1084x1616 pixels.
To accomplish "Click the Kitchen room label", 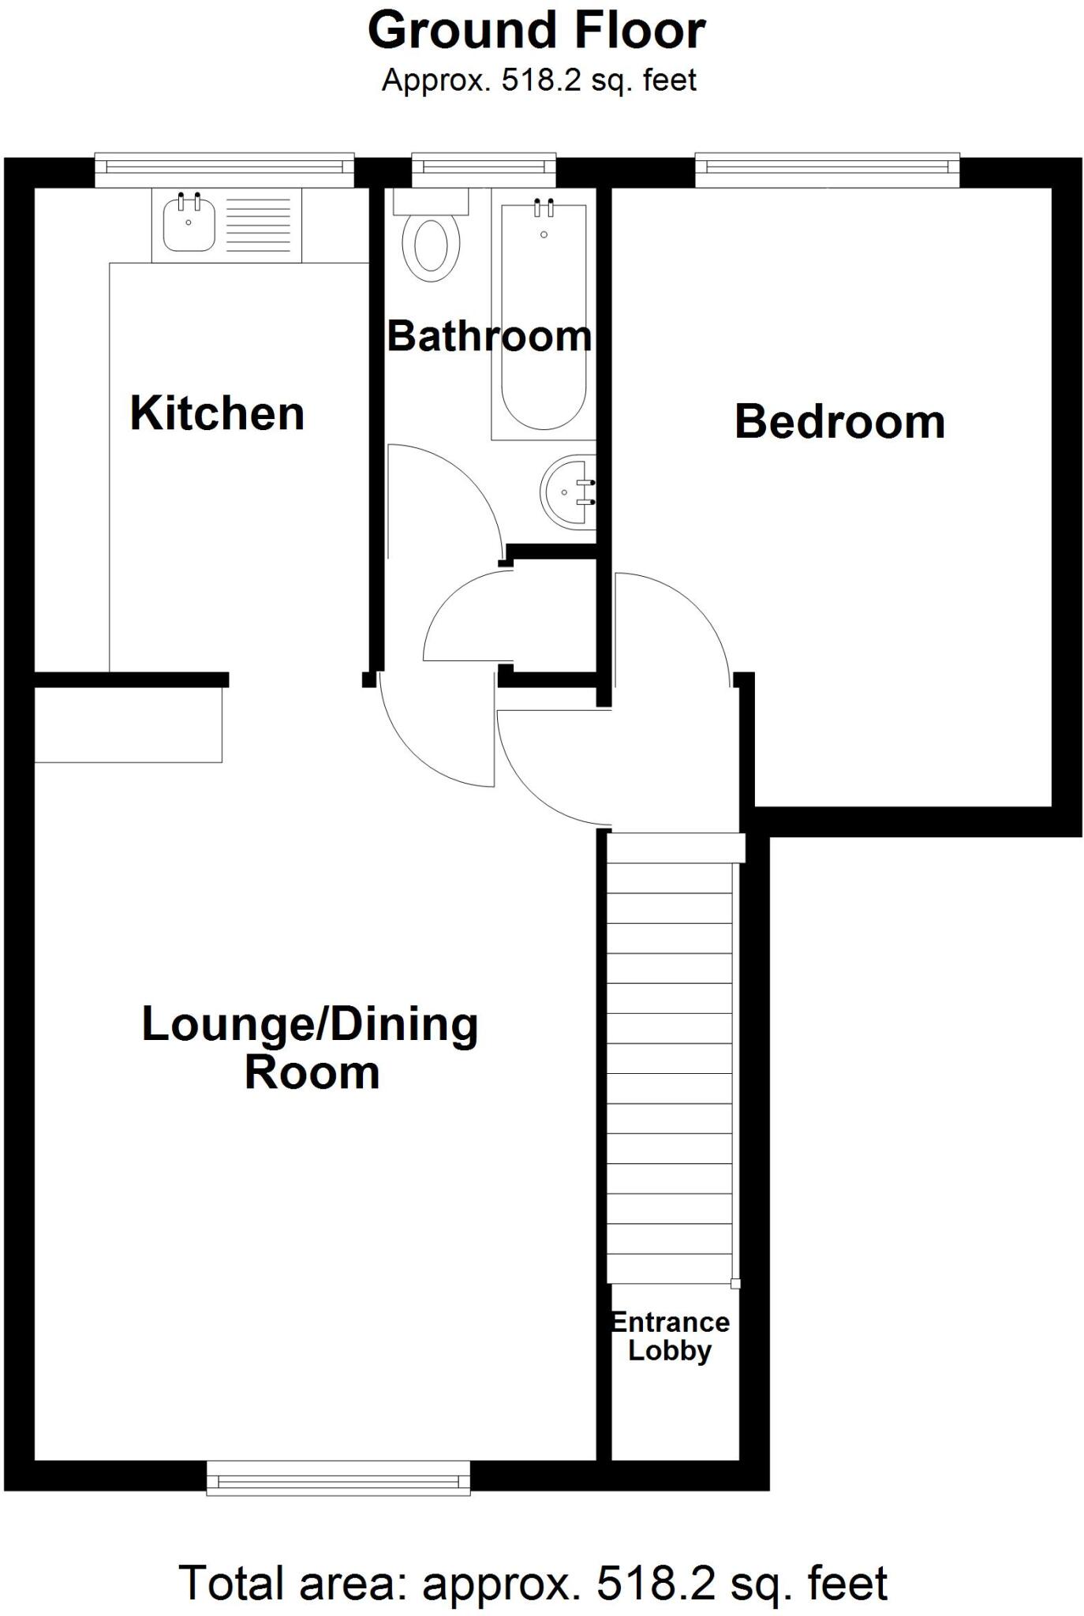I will [x=217, y=413].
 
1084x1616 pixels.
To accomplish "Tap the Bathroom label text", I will [x=489, y=336].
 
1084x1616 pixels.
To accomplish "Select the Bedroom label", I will [x=839, y=421].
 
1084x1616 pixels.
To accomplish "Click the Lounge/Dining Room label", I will [x=310, y=1048].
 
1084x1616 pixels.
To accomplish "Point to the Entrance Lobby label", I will [x=670, y=1336].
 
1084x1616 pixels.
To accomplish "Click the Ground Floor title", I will [x=536, y=32].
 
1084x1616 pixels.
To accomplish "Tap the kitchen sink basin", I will [x=189, y=223].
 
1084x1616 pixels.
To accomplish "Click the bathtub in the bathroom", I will [x=543, y=316].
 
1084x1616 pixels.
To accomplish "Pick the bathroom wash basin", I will [x=566, y=492].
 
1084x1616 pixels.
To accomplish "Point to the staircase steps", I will [x=669, y=1057].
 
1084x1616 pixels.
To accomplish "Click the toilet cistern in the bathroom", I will [x=431, y=201].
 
